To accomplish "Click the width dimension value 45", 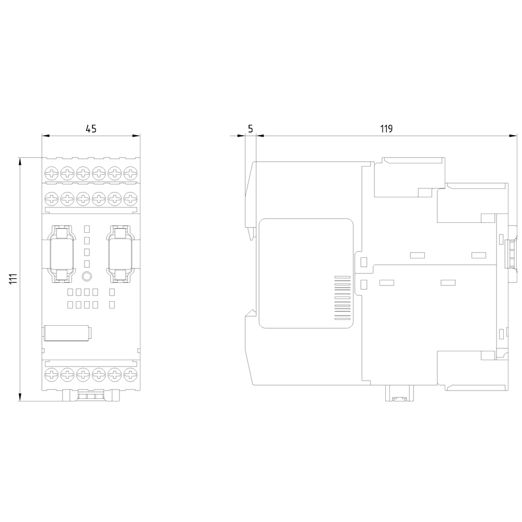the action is [91, 128].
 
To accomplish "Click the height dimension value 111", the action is [13, 279].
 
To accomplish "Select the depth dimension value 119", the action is [386, 128].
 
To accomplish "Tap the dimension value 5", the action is [251, 128].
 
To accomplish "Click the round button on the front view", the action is [87, 276].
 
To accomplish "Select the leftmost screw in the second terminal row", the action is [52, 199].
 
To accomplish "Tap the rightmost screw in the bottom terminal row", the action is [130, 374].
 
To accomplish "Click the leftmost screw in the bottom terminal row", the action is [52, 374].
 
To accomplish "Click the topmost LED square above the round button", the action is [87, 229].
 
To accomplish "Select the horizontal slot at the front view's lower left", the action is [67, 334].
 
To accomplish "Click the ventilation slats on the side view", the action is [342, 298].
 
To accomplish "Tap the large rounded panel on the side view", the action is [306, 274].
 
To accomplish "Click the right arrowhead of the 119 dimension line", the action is [513, 136].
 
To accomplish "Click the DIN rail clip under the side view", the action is [399, 393].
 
